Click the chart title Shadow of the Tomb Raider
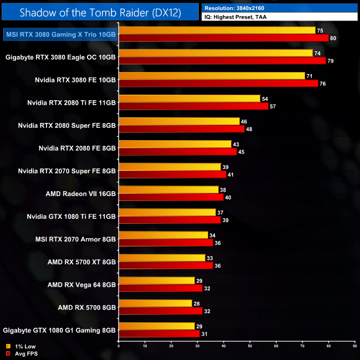[99, 12]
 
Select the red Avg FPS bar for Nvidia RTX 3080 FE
[218, 84]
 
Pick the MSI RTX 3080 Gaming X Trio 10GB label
[60, 34]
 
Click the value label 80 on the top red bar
[333, 38]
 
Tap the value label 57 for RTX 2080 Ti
[272, 106]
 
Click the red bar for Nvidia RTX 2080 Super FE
[181, 129]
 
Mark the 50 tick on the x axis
[250, 346]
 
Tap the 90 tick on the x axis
[354, 346]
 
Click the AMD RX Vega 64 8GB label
[81, 284]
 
